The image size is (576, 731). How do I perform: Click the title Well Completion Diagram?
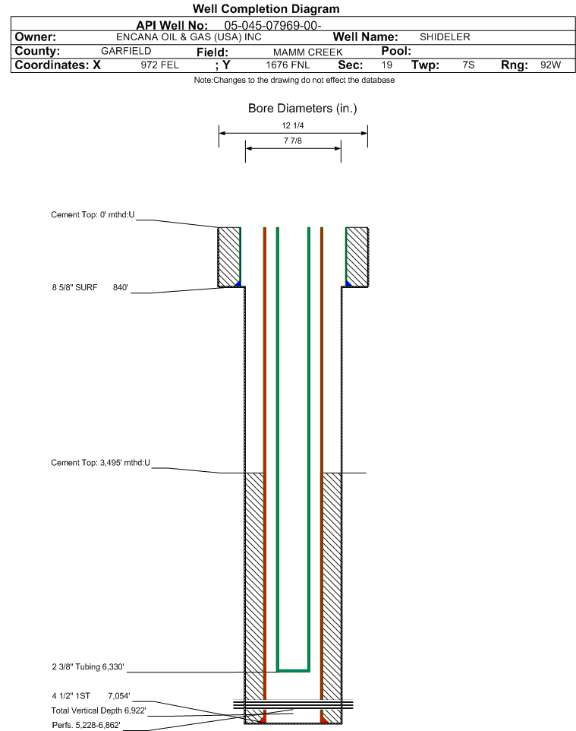tap(266, 9)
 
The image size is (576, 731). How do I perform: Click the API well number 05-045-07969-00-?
tap(273, 26)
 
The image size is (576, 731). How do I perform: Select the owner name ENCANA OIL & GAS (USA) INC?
tap(189, 37)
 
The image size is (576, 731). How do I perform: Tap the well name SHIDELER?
tap(445, 37)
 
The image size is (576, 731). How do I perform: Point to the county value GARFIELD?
tap(126, 51)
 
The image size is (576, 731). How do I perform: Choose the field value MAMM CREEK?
tap(308, 52)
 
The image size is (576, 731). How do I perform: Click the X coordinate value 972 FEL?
tap(159, 65)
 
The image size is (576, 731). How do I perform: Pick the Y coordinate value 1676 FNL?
tap(288, 65)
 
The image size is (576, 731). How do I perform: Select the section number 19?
tap(387, 65)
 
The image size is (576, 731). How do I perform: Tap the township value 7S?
tap(468, 65)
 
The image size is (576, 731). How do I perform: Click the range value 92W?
tap(551, 65)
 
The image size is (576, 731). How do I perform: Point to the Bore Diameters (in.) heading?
tap(303, 109)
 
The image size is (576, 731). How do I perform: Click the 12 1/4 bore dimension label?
tap(293, 125)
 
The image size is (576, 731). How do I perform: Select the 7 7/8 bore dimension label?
tap(293, 141)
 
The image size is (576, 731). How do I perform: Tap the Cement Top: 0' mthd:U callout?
tap(93, 215)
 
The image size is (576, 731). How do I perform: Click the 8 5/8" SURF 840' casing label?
tap(90, 288)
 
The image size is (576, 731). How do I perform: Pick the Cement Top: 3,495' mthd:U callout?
tap(101, 463)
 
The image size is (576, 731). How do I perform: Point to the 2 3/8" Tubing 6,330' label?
tap(88, 667)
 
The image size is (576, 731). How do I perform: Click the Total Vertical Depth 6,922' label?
tap(99, 711)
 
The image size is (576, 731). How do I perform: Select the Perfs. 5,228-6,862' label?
tap(87, 726)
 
